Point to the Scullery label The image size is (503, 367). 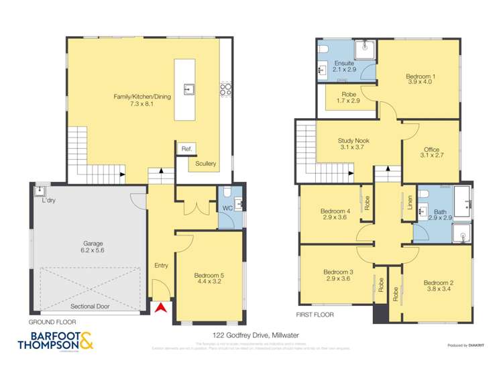tap(205, 163)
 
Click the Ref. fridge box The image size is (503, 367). tap(185, 148)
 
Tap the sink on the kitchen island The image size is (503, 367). tap(190, 89)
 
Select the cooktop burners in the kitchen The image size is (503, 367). tap(226, 91)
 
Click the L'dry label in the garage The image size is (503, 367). tap(48, 201)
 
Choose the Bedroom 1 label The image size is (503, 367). tap(421, 80)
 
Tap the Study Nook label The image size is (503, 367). tap(353, 144)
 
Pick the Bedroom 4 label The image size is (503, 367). tap(334, 215)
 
